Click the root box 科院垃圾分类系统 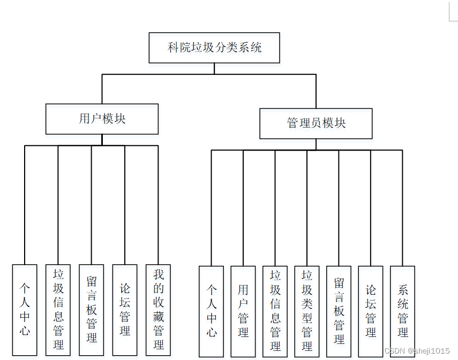214,48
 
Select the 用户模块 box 102,119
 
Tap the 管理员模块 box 316,123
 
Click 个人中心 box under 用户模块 25,310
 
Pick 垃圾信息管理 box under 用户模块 58,310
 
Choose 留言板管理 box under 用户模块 92,310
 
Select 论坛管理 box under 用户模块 125,310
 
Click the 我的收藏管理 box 158,310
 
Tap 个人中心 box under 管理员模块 212,311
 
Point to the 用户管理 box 243,311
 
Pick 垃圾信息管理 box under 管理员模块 275,311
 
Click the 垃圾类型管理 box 307,311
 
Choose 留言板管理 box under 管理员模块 339,311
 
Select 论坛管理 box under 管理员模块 371,311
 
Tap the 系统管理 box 402,311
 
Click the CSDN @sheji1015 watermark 417,350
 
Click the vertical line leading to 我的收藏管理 159,204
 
